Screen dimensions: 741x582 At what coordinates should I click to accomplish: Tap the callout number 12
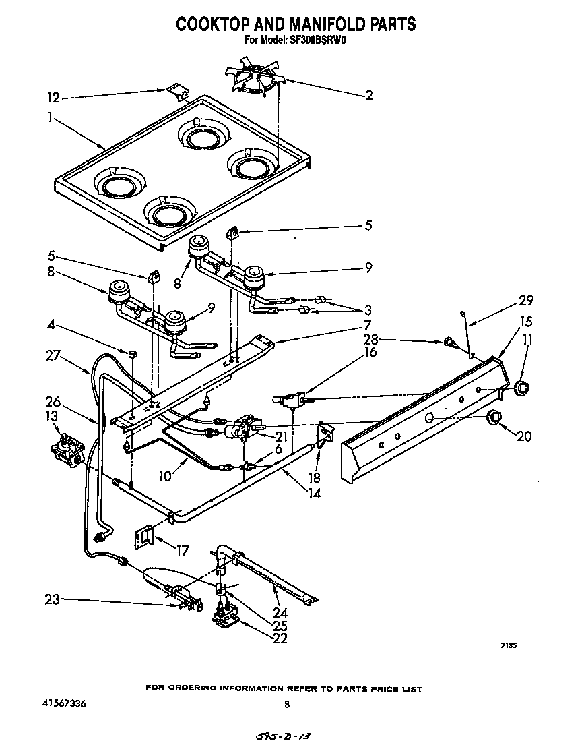tap(53, 98)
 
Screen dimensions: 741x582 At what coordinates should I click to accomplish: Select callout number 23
tap(53, 597)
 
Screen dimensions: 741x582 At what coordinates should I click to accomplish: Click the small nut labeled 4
tap(132, 353)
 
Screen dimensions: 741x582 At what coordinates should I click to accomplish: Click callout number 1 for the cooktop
tap(50, 117)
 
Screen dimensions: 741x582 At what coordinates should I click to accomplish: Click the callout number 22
tap(280, 639)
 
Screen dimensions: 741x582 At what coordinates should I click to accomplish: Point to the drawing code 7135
tap(508, 645)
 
